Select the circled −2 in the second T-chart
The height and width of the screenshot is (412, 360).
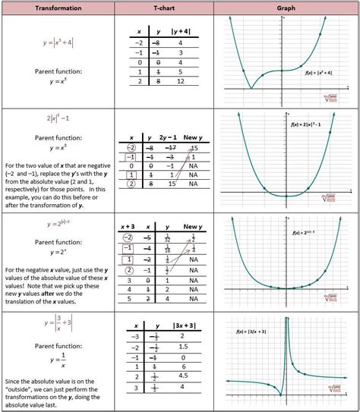[133, 148]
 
